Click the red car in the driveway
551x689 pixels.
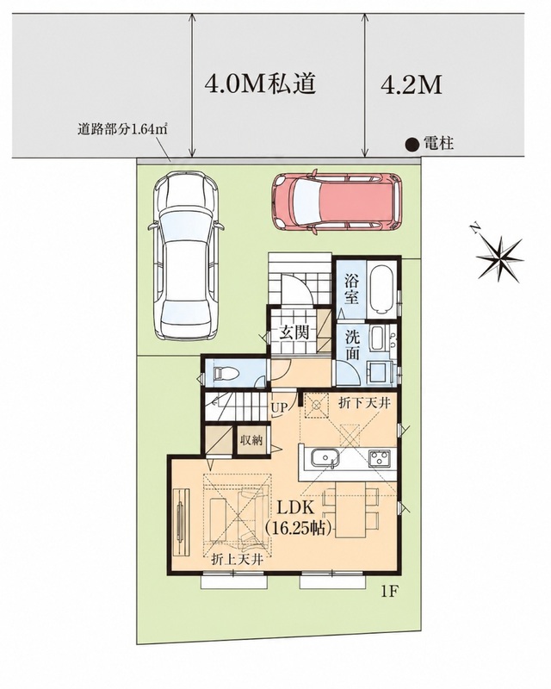337,201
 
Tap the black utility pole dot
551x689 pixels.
412,145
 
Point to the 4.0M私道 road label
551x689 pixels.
261,84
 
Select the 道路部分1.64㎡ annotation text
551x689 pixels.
124,130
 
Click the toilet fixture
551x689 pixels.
225,374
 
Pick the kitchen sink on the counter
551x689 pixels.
325,459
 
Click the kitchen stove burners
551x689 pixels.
381,459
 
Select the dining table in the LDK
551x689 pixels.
350,510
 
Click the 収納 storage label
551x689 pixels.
251,440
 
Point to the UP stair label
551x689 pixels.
280,407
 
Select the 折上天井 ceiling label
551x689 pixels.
238,560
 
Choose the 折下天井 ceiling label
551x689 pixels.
364,402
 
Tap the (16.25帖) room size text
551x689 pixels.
298,528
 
